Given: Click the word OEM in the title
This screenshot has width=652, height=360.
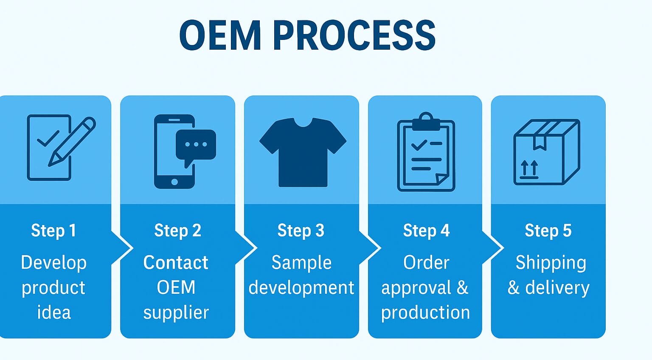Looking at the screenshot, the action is point(220,36).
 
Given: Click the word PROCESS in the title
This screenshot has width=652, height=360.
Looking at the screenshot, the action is point(354,36).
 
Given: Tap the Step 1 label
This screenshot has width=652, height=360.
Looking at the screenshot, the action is point(53,231).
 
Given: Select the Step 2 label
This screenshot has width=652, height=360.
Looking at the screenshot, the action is point(177,231).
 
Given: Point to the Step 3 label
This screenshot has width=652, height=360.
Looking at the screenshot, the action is point(301,231).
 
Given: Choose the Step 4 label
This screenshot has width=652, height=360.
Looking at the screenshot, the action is point(427,231).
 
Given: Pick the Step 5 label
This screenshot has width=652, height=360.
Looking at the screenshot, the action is point(548,231).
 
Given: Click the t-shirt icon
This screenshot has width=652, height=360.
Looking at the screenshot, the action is point(303,152).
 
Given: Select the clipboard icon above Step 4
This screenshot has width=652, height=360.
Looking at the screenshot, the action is point(426,152).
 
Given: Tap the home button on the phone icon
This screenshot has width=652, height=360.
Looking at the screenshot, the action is point(174,182).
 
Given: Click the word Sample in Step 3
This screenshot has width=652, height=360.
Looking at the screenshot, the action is point(301,263).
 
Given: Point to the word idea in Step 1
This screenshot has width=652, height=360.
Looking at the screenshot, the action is point(54,312).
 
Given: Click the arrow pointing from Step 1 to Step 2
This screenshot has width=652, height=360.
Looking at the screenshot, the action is point(122,248).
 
